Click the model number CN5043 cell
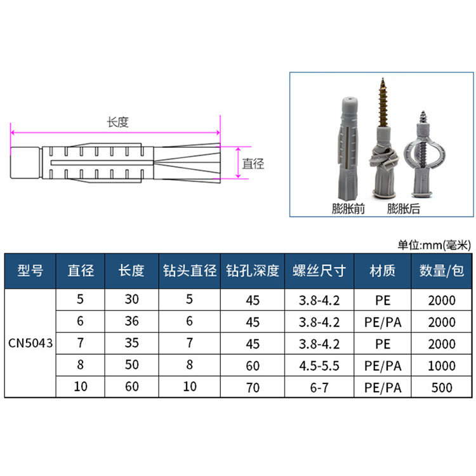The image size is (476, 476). pos(30,343)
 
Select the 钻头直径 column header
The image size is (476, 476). pos(190,271)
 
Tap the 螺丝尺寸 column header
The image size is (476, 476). pos(319,271)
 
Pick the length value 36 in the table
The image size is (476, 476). pos(132,321)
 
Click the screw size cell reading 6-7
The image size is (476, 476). pos(319,388)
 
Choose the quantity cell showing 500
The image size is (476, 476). pos(442,388)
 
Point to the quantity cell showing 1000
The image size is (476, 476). pos(442,366)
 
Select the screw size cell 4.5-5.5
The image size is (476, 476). pos(319,366)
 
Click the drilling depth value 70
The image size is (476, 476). pos(253,388)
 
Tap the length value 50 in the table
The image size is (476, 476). pos(132,364)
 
